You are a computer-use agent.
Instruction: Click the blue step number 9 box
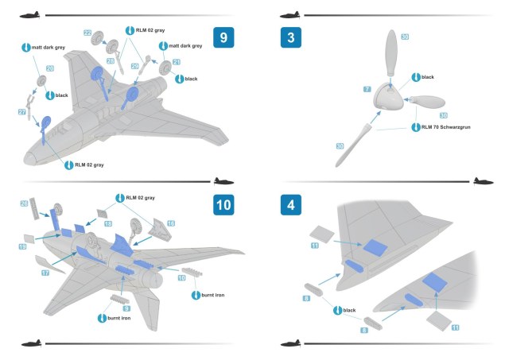pos(224,37)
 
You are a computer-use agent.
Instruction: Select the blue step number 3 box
pos(292,37)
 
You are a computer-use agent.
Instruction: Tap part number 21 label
pos(177,62)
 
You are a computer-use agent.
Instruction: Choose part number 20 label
pos(49,69)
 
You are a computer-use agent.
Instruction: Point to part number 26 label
pos(24,203)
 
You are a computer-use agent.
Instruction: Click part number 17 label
pos(45,273)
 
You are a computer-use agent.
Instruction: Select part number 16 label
pos(170,224)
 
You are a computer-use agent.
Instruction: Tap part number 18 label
pos(108,225)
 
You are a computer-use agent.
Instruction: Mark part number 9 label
pos(126,308)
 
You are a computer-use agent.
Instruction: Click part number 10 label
pos(181,279)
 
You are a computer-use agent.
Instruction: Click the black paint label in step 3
pos(427,77)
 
